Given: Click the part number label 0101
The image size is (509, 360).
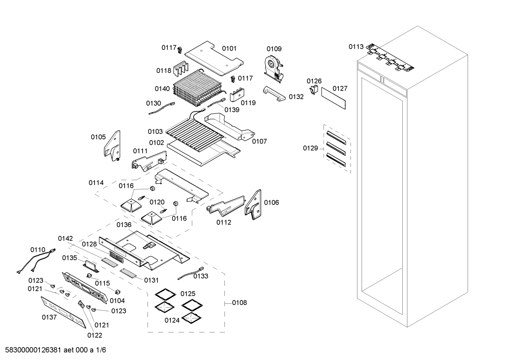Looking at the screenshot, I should (x=229, y=48).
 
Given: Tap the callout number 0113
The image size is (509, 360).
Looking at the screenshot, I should (x=356, y=47).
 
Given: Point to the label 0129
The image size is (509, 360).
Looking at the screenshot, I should (x=310, y=148).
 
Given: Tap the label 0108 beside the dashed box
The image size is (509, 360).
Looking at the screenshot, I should (x=239, y=303).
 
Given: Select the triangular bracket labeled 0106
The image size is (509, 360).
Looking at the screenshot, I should (x=253, y=205).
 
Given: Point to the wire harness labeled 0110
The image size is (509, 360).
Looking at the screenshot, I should (x=35, y=261).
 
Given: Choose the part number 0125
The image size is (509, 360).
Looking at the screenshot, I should (x=188, y=294).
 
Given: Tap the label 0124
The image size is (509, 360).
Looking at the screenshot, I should (x=172, y=320).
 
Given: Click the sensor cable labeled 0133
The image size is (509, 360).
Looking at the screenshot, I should (x=191, y=273).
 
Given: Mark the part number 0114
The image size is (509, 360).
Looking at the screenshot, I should (x=96, y=183).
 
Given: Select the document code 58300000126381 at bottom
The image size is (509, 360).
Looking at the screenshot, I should (x=34, y=350).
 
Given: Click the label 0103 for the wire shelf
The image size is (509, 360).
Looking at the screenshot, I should (x=155, y=131).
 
